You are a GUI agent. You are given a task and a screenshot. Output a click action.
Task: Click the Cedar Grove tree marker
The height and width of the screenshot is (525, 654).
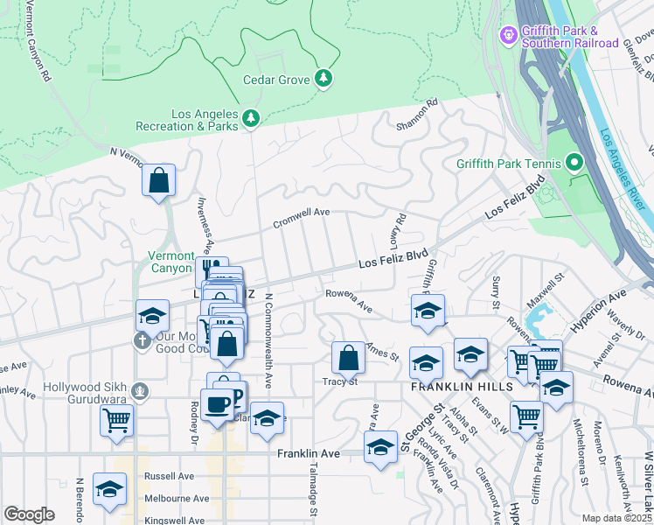324,79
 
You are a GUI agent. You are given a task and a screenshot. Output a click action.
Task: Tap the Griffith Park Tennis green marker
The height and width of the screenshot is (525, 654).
574,163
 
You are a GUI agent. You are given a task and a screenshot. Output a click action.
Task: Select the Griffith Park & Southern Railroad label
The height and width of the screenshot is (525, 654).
569,36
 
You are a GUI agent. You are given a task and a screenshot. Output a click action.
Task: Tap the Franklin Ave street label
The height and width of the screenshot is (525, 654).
308,454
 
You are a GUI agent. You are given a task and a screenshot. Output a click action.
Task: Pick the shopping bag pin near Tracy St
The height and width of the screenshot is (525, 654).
348,357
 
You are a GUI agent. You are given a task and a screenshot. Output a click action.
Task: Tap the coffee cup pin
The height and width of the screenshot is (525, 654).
217,404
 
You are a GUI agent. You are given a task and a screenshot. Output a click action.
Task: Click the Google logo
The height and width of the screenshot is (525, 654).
29,514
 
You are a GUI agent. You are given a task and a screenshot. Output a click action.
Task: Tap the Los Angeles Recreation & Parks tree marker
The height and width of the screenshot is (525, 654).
251,117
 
